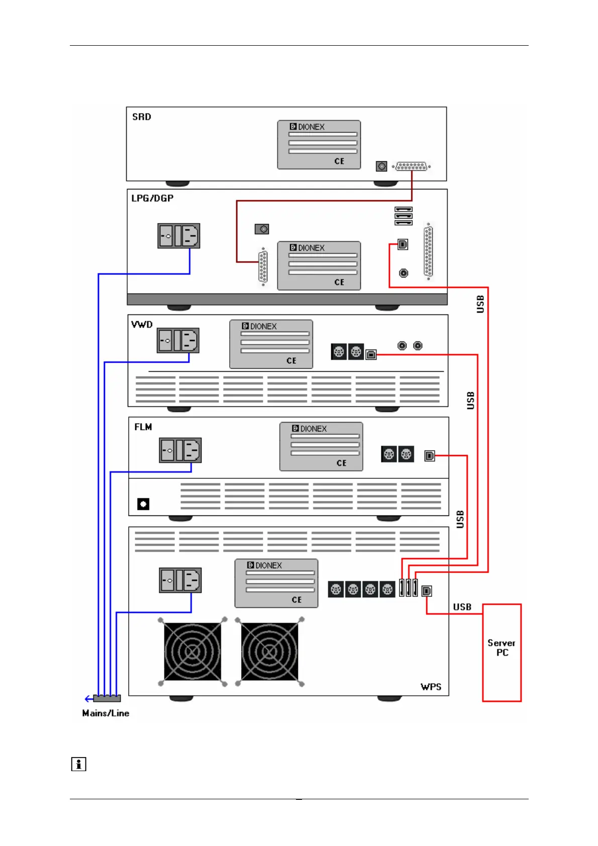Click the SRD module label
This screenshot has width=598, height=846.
tap(142, 117)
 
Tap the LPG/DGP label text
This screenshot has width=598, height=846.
tap(152, 198)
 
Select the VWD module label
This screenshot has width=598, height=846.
tap(142, 325)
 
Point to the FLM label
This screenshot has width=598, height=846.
tap(143, 427)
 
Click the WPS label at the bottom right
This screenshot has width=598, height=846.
tap(431, 687)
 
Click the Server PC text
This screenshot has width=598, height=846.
tap(502, 648)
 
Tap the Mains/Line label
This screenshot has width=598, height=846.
tap(106, 713)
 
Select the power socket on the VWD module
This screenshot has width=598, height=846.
tap(178, 340)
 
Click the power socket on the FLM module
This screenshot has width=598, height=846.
tap(180, 450)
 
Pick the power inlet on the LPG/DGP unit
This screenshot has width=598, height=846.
tap(179, 236)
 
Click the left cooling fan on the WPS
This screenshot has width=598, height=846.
tap(192, 652)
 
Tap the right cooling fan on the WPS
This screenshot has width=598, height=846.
tap(269, 652)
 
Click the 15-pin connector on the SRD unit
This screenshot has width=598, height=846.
tap(412, 166)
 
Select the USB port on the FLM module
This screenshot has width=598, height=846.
tap(430, 456)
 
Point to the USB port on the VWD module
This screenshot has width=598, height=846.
tap(371, 354)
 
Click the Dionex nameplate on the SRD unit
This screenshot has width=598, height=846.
tap(319, 145)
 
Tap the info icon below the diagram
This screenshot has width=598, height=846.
tap(78, 764)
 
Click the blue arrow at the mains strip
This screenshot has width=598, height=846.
tap(89, 699)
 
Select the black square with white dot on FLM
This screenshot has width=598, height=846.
tap(143, 504)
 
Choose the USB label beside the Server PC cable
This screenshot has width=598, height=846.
tap(462, 607)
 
